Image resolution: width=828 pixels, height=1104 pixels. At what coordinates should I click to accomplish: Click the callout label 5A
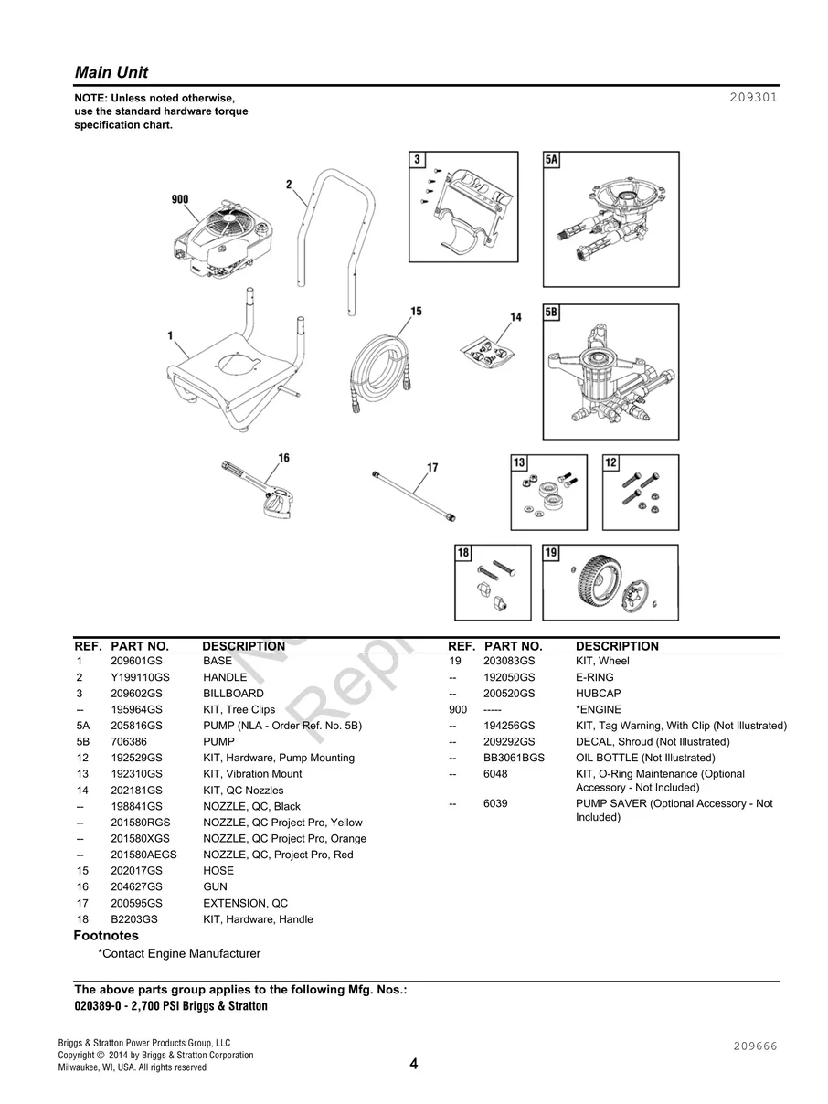551,160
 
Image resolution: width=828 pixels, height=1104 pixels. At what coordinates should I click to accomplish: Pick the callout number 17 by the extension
431,468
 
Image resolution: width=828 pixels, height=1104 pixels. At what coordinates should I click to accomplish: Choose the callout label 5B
551,313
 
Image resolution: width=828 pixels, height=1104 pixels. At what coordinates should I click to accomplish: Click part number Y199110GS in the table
140,677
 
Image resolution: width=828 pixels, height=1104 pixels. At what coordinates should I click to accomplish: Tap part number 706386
129,742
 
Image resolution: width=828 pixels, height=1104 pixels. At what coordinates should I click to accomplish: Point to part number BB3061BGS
514,758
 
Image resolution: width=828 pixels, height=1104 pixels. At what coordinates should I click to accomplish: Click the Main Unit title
111,72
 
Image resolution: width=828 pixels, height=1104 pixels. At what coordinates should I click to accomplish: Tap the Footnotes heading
106,936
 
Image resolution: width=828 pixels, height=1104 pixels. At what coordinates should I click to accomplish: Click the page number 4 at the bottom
413,1064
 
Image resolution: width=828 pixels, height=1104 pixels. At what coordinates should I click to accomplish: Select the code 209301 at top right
753,97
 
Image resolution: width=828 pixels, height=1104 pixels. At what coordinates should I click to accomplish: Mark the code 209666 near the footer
754,1046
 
